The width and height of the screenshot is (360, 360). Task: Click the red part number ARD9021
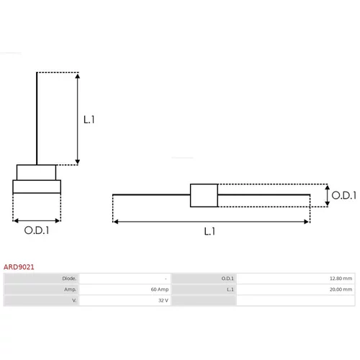pos(19,267)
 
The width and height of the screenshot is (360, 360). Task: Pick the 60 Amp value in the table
pos(160,289)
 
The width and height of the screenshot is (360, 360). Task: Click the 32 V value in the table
pos(163,300)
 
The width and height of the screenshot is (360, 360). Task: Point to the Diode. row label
pos(69,279)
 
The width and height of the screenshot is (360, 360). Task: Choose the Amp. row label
pos(71,289)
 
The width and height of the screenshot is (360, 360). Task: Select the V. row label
pos(74,300)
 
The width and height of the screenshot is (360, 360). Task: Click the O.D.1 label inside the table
pos(228,279)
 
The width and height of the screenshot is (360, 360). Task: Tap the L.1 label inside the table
pos(230,289)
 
